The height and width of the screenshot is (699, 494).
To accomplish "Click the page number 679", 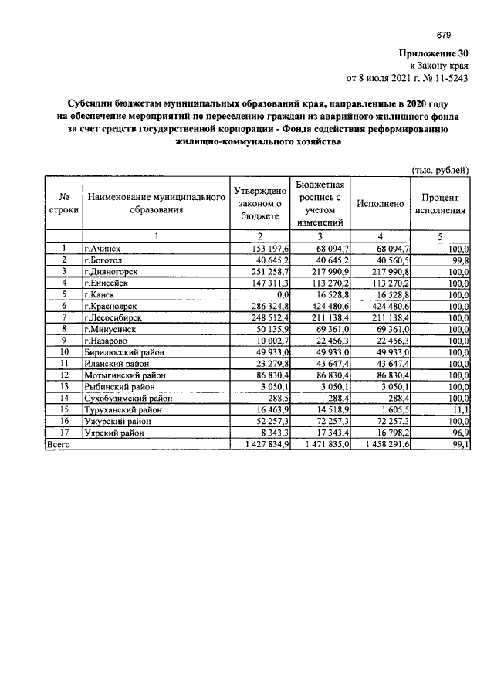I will [x=443, y=35].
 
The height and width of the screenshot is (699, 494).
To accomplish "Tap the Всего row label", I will [x=59, y=445].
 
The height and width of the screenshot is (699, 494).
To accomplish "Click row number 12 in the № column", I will [x=64, y=375].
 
